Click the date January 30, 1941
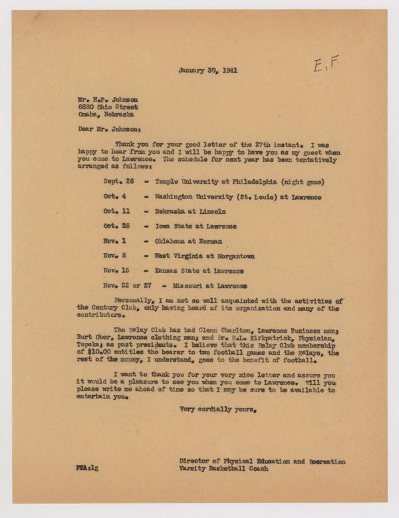[206, 70]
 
